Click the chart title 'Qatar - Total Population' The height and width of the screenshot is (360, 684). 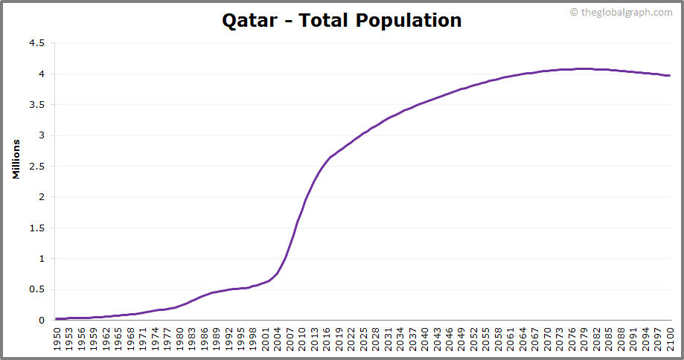342,20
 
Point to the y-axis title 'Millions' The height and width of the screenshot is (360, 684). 16,158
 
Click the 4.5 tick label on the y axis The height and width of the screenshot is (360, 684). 37,43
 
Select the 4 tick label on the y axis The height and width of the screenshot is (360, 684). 42,74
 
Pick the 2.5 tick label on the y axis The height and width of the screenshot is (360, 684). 37,167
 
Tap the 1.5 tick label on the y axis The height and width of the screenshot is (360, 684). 37,228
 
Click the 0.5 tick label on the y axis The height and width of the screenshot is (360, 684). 37,290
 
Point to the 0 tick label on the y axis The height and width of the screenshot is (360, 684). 42,321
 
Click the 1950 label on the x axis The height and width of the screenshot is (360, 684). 57,338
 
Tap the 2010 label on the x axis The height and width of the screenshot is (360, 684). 301,338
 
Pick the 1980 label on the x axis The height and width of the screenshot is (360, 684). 179,338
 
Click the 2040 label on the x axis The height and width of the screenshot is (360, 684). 424,338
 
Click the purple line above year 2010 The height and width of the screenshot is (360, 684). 301,212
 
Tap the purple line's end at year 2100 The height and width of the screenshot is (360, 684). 669,75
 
